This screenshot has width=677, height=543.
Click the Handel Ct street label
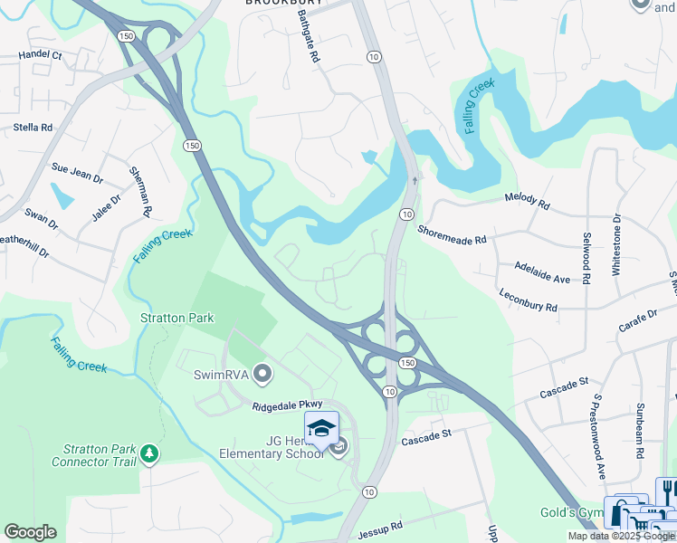[40, 55]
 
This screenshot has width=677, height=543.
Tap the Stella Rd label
[33, 128]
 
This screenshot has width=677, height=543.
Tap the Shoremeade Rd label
[452, 234]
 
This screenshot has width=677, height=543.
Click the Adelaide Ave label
[542, 274]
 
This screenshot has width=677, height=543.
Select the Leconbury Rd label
[528, 300]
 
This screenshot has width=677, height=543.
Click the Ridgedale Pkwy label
[288, 408]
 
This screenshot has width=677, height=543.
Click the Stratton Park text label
[177, 318]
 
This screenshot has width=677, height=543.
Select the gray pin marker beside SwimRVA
[262, 373]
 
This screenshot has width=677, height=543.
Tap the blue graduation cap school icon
[320, 428]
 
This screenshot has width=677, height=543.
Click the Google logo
[30, 532]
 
